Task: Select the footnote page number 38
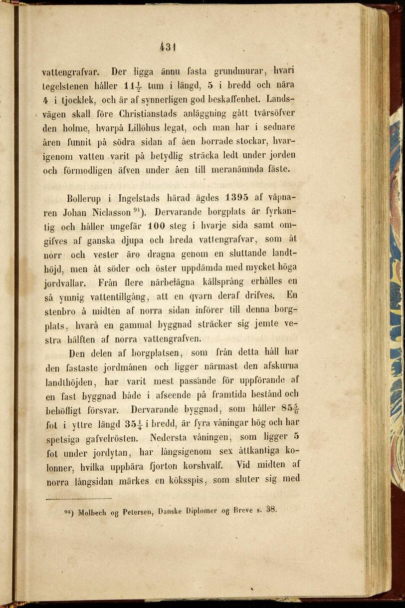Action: [x=271, y=510]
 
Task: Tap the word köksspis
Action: [x=189, y=480]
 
